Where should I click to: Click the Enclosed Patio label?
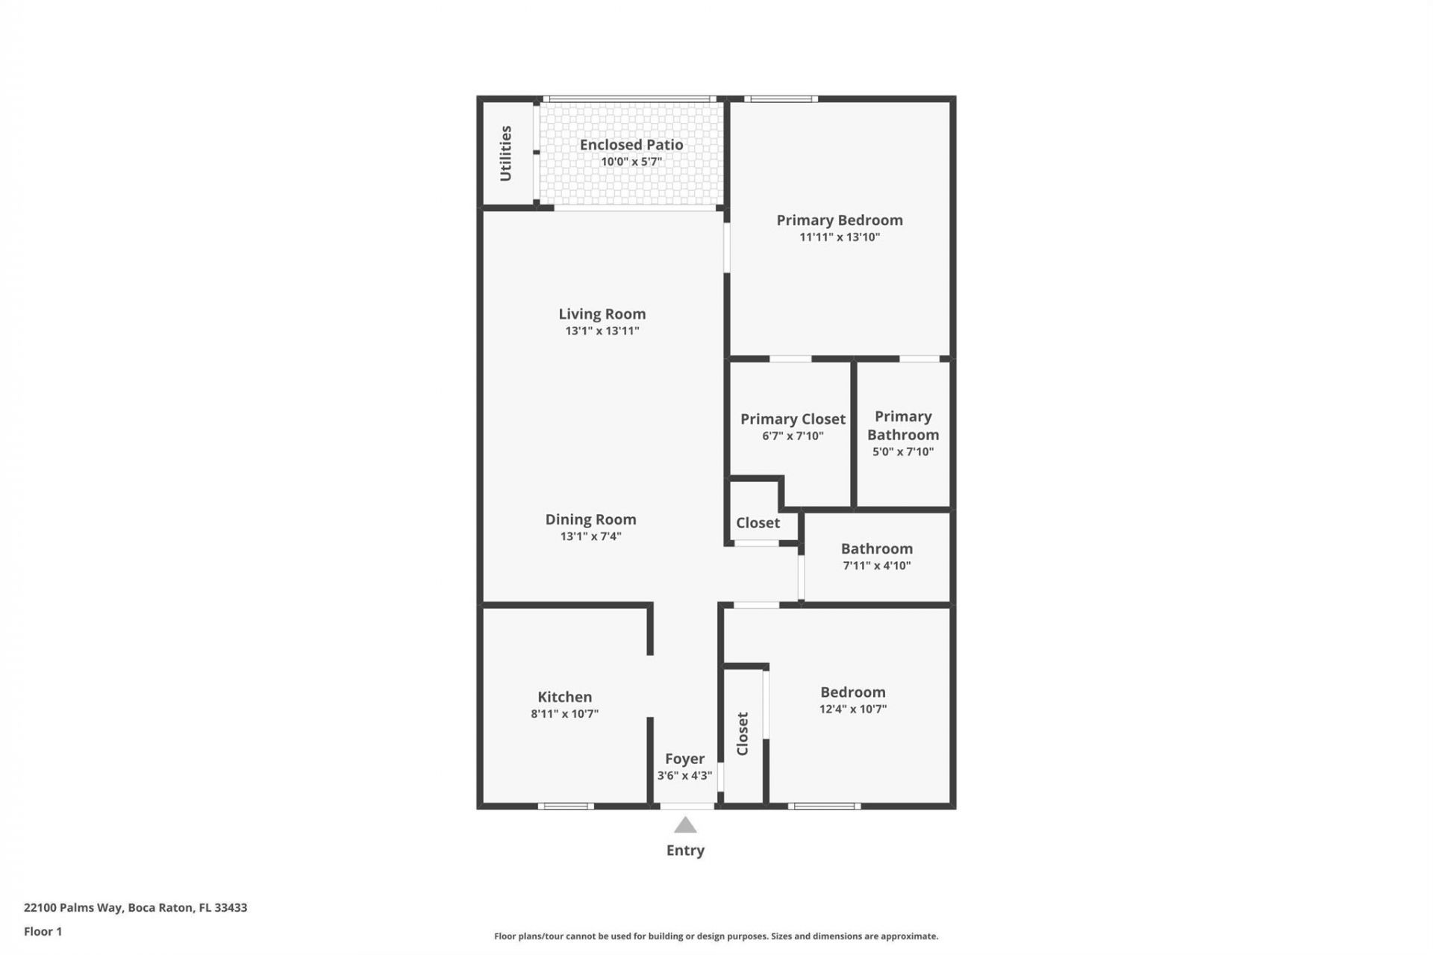[x=631, y=145]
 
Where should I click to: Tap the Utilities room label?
[x=505, y=153]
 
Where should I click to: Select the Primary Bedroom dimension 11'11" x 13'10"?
[x=840, y=237]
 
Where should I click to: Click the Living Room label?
[x=602, y=314]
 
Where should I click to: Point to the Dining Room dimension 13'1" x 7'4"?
[x=590, y=536]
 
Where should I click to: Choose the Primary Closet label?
[x=793, y=419]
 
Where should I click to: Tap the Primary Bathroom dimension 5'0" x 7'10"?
[x=902, y=452]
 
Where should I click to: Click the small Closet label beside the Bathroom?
[x=758, y=523]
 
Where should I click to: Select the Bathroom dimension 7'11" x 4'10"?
[x=876, y=566]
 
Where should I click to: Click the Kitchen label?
[x=564, y=697]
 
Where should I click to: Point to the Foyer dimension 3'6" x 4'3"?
[x=684, y=776]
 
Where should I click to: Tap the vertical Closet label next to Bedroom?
[x=743, y=733]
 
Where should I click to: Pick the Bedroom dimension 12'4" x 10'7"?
[x=852, y=710]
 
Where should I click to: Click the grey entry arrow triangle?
[x=685, y=826]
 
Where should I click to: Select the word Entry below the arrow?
[x=685, y=851]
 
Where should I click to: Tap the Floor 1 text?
[x=43, y=932]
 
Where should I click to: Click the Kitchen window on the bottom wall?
[x=566, y=806]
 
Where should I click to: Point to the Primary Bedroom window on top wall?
[x=781, y=98]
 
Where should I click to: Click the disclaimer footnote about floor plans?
[x=716, y=936]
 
